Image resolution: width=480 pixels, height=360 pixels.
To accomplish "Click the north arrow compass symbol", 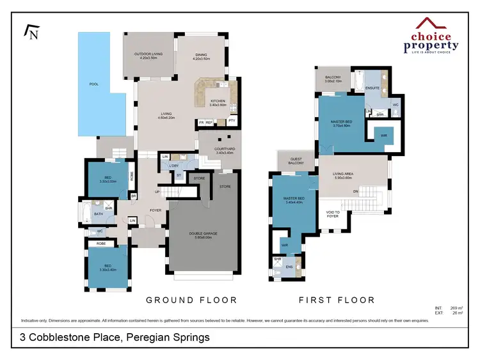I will click(x=31, y=31).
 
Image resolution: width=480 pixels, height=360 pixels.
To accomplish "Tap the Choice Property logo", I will click(x=431, y=36).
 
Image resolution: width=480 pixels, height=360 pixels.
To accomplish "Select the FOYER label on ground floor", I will click(x=156, y=210).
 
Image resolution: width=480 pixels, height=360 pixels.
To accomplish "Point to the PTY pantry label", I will click(x=232, y=120).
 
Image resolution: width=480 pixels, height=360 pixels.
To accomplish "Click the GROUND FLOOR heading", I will click(x=191, y=300).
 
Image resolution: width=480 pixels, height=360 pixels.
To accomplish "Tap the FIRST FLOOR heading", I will click(x=337, y=300).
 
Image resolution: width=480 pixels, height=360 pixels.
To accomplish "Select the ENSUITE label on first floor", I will click(x=372, y=88).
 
